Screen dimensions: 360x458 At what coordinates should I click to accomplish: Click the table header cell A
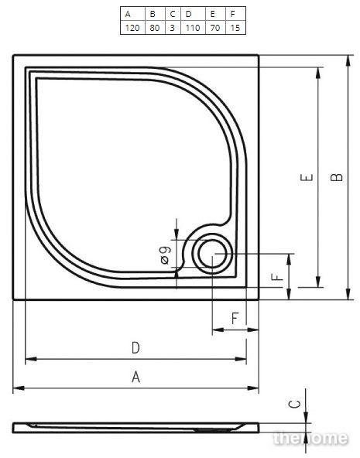[x=132, y=14]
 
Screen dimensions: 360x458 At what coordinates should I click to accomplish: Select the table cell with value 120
[x=132, y=28]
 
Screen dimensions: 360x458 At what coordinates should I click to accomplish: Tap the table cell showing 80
[x=155, y=28]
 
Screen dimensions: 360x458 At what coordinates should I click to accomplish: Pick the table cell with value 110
[x=193, y=28]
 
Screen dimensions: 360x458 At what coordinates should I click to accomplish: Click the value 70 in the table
[x=215, y=28]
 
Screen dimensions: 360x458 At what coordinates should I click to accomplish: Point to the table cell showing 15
[x=235, y=28]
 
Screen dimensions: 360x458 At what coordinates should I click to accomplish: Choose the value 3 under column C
[x=173, y=28]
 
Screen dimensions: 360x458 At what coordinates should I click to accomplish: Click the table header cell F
[x=235, y=14]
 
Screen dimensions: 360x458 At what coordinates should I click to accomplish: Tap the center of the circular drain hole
[x=212, y=254]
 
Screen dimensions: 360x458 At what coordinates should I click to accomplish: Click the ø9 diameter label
[x=165, y=255]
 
